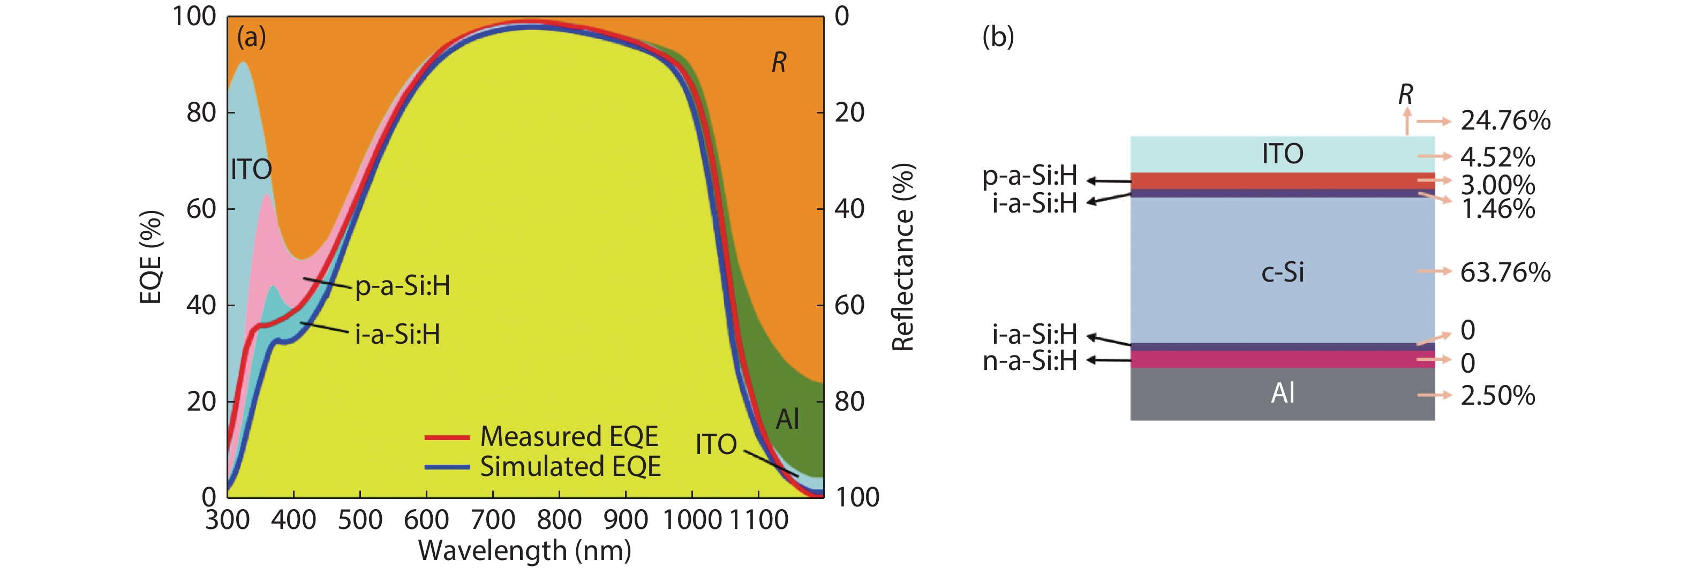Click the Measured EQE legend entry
pyautogui.click(x=568, y=436)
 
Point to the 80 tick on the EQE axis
pyautogui.click(x=201, y=112)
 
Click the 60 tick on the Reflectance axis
pyautogui.click(x=849, y=305)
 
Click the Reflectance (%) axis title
pyautogui.click(x=903, y=257)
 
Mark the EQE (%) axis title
pyautogui.click(x=150, y=257)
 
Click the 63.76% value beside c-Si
pyautogui.click(x=1505, y=272)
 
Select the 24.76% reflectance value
pyautogui.click(x=1505, y=120)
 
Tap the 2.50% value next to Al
pyautogui.click(x=1497, y=395)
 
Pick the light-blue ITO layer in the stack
pyautogui.click(x=1282, y=154)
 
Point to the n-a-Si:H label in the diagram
pyautogui.click(x=1029, y=361)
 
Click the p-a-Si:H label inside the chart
pyautogui.click(x=402, y=286)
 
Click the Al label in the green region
pyautogui.click(x=787, y=419)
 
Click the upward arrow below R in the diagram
pyautogui.click(x=1406, y=122)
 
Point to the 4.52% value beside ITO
pyautogui.click(x=1497, y=157)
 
